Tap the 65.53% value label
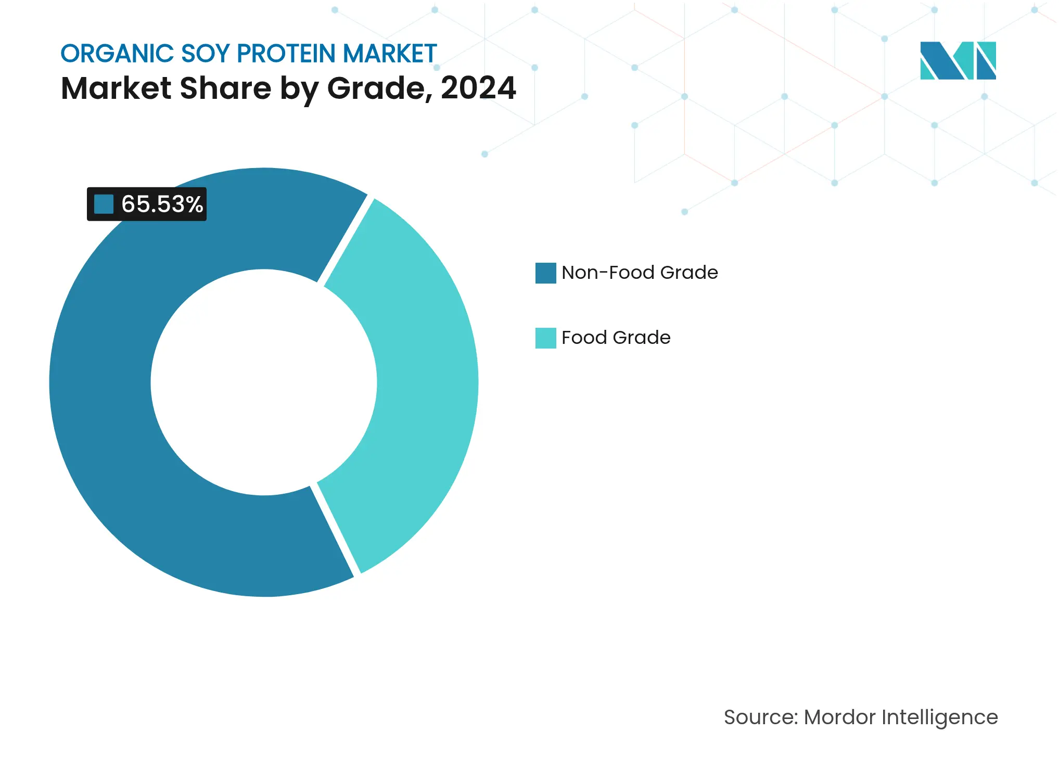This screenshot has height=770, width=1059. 162,204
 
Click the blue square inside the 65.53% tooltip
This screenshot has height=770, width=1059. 104,204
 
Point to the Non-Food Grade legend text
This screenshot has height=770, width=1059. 640,273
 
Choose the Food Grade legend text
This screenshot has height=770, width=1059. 616,338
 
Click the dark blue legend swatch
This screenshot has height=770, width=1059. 545,273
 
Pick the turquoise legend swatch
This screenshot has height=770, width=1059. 545,338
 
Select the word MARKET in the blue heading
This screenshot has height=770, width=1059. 389,54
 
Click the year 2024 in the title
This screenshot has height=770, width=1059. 478,88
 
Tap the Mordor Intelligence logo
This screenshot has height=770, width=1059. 958,60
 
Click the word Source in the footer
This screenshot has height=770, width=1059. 760,717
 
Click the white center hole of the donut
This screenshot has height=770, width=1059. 264,382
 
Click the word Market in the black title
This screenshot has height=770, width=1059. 116,88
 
